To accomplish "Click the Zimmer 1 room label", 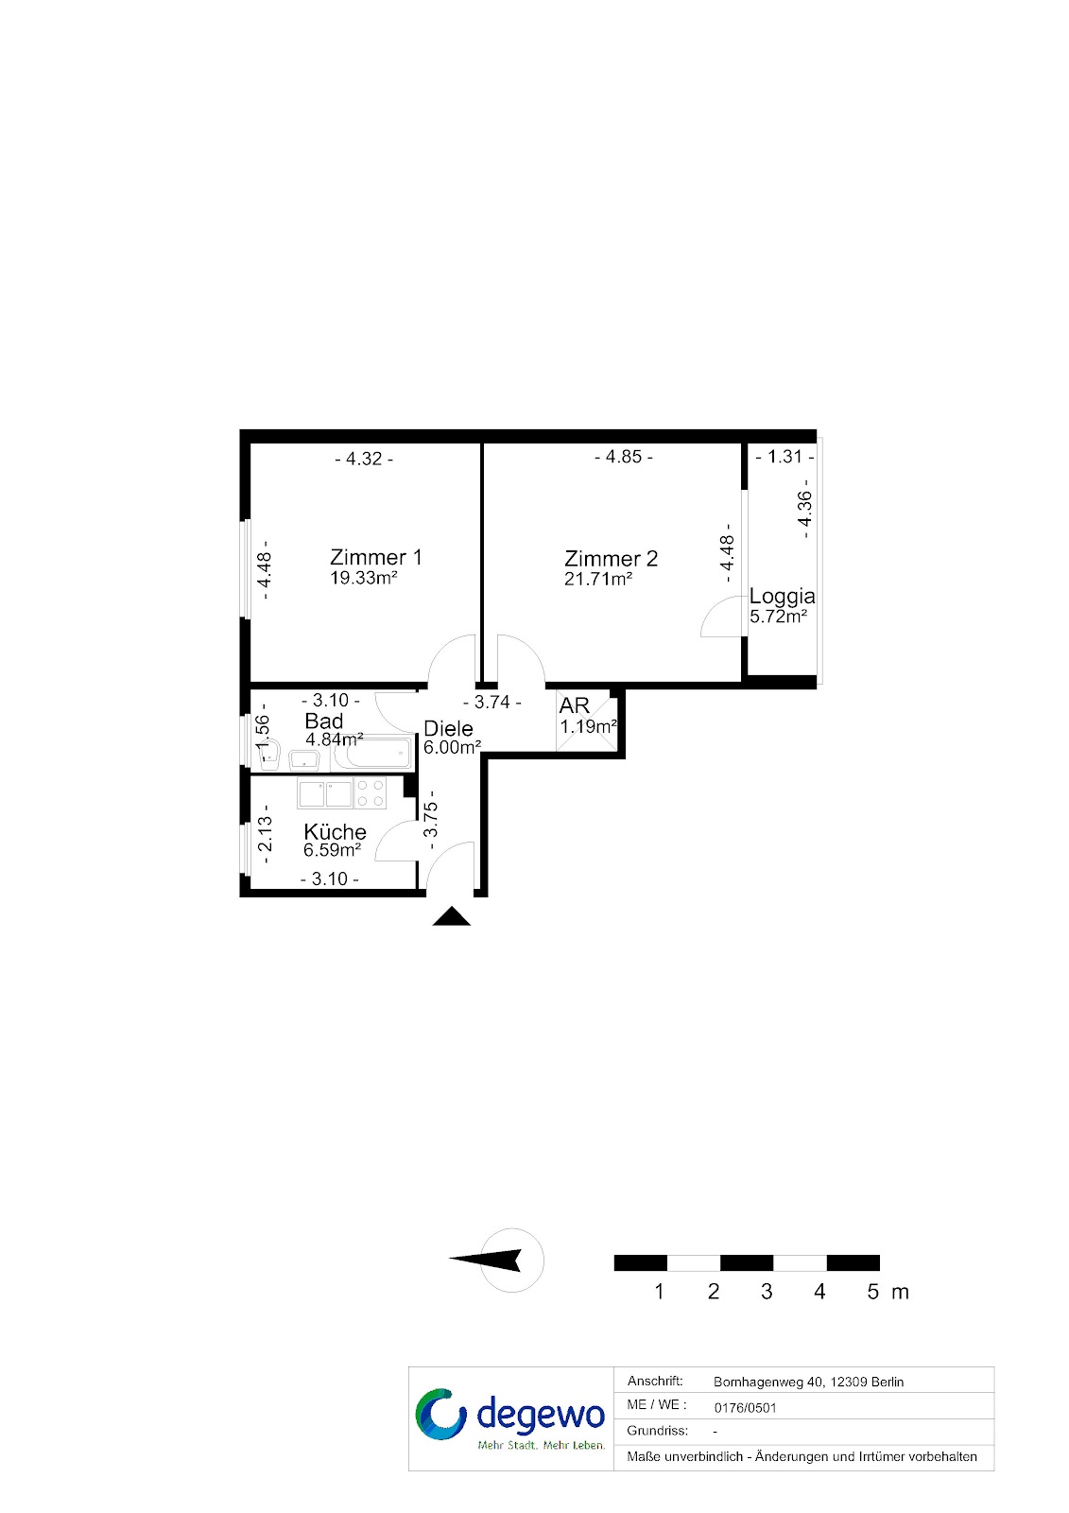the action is pyautogui.click(x=375, y=557).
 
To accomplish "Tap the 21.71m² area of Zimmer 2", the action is pyautogui.click(x=597, y=579).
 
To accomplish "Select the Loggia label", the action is pyautogui.click(x=782, y=597).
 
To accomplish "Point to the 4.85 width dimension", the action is pyautogui.click(x=623, y=457).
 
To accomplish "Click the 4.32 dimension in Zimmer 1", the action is pyautogui.click(x=364, y=459).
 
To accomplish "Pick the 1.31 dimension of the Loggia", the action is pyautogui.click(x=784, y=457).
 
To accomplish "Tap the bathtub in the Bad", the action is pyautogui.click(x=371, y=753).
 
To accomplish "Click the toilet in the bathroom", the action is pyautogui.click(x=269, y=756).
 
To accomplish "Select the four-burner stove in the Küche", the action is pyautogui.click(x=371, y=793).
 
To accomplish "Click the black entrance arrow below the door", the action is pyautogui.click(x=451, y=916).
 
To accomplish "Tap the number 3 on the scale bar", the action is pyautogui.click(x=767, y=1292).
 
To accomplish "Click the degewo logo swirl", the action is pyautogui.click(x=440, y=1415).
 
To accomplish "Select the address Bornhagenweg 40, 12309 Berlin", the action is pyautogui.click(x=808, y=1382).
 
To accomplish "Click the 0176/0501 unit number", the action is pyautogui.click(x=746, y=1408).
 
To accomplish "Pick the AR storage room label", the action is pyautogui.click(x=575, y=705).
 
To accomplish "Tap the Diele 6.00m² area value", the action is pyautogui.click(x=452, y=748).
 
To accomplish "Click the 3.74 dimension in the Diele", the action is pyautogui.click(x=492, y=703).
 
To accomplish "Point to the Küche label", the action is pyautogui.click(x=335, y=831).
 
